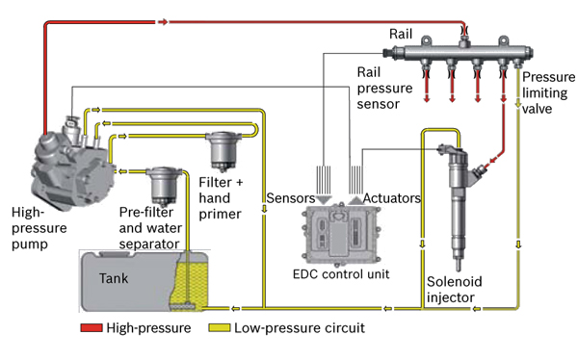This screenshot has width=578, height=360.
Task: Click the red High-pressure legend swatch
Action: tap(92, 327)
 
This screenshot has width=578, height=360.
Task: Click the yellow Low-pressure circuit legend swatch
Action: tap(220, 327)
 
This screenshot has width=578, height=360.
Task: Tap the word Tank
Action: tap(114, 278)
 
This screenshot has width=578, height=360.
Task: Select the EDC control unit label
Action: tap(341, 274)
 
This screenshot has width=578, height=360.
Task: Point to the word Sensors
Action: tap(291, 198)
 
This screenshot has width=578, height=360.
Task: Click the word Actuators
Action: tap(391, 198)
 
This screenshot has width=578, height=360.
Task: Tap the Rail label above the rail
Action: tap(401, 34)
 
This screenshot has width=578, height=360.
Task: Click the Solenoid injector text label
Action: tap(454, 290)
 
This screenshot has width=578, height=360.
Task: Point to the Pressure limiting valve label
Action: tap(548, 92)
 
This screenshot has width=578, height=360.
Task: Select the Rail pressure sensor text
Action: tap(384, 88)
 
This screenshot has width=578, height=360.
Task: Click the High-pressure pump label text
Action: tap(39, 228)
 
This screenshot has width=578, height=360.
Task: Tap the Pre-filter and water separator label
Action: tap(150, 228)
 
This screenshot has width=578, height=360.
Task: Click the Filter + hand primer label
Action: tap(221, 198)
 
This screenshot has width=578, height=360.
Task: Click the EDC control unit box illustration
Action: tap(341, 233)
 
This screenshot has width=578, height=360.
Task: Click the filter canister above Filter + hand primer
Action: tap(223, 151)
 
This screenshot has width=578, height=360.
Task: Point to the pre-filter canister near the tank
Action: tap(164, 187)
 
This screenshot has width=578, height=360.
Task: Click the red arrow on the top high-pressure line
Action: tap(163, 22)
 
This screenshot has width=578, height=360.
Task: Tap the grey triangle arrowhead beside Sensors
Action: tap(325, 200)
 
